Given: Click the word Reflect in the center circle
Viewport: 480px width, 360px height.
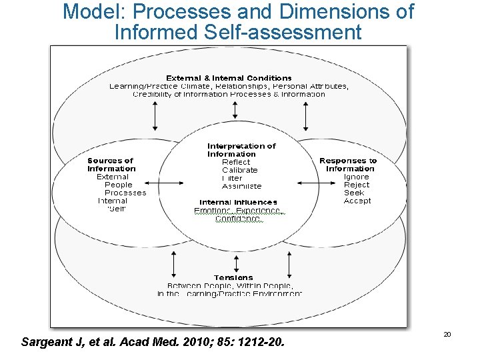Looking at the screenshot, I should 236,162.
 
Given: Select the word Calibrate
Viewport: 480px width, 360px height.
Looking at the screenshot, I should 239,170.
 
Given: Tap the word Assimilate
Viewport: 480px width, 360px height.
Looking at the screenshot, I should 241,186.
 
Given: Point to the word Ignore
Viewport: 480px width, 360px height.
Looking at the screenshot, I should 357,177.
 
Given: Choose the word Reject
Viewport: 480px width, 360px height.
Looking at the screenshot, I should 357,185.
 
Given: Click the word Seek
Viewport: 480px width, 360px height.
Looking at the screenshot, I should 354,193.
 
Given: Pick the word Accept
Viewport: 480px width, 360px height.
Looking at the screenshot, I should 357,201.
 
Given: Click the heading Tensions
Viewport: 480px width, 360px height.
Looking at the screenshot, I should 233,277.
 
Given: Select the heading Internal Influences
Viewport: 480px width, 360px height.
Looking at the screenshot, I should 238,202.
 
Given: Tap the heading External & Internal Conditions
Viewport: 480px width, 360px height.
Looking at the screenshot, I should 229,78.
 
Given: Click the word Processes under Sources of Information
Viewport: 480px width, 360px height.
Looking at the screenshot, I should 125,193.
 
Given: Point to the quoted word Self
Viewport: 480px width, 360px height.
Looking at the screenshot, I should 117,209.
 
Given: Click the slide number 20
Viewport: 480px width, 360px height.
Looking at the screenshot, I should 447,334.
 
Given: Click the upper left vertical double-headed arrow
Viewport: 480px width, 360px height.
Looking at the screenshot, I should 155,115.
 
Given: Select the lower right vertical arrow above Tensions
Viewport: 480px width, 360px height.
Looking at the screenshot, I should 306,265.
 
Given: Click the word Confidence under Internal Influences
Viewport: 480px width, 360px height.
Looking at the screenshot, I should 238,219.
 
